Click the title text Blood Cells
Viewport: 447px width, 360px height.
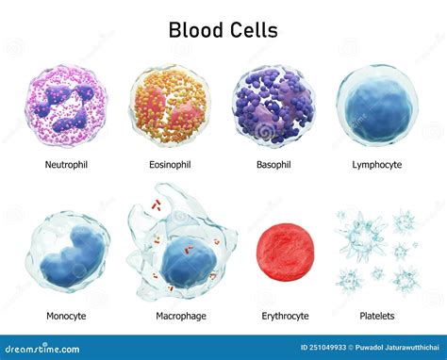click(x=223, y=29)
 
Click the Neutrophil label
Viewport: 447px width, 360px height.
click(x=67, y=164)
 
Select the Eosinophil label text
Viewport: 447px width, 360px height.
click(x=169, y=164)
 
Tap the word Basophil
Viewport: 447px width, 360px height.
click(x=273, y=164)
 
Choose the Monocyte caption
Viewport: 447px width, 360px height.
click(x=66, y=316)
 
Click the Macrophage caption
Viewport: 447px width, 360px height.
click(x=181, y=316)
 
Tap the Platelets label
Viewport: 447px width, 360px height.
click(x=376, y=316)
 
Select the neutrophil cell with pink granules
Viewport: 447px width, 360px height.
click(x=68, y=106)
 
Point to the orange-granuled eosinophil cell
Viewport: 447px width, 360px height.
click(x=170, y=106)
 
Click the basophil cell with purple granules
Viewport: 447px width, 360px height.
click(x=273, y=106)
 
